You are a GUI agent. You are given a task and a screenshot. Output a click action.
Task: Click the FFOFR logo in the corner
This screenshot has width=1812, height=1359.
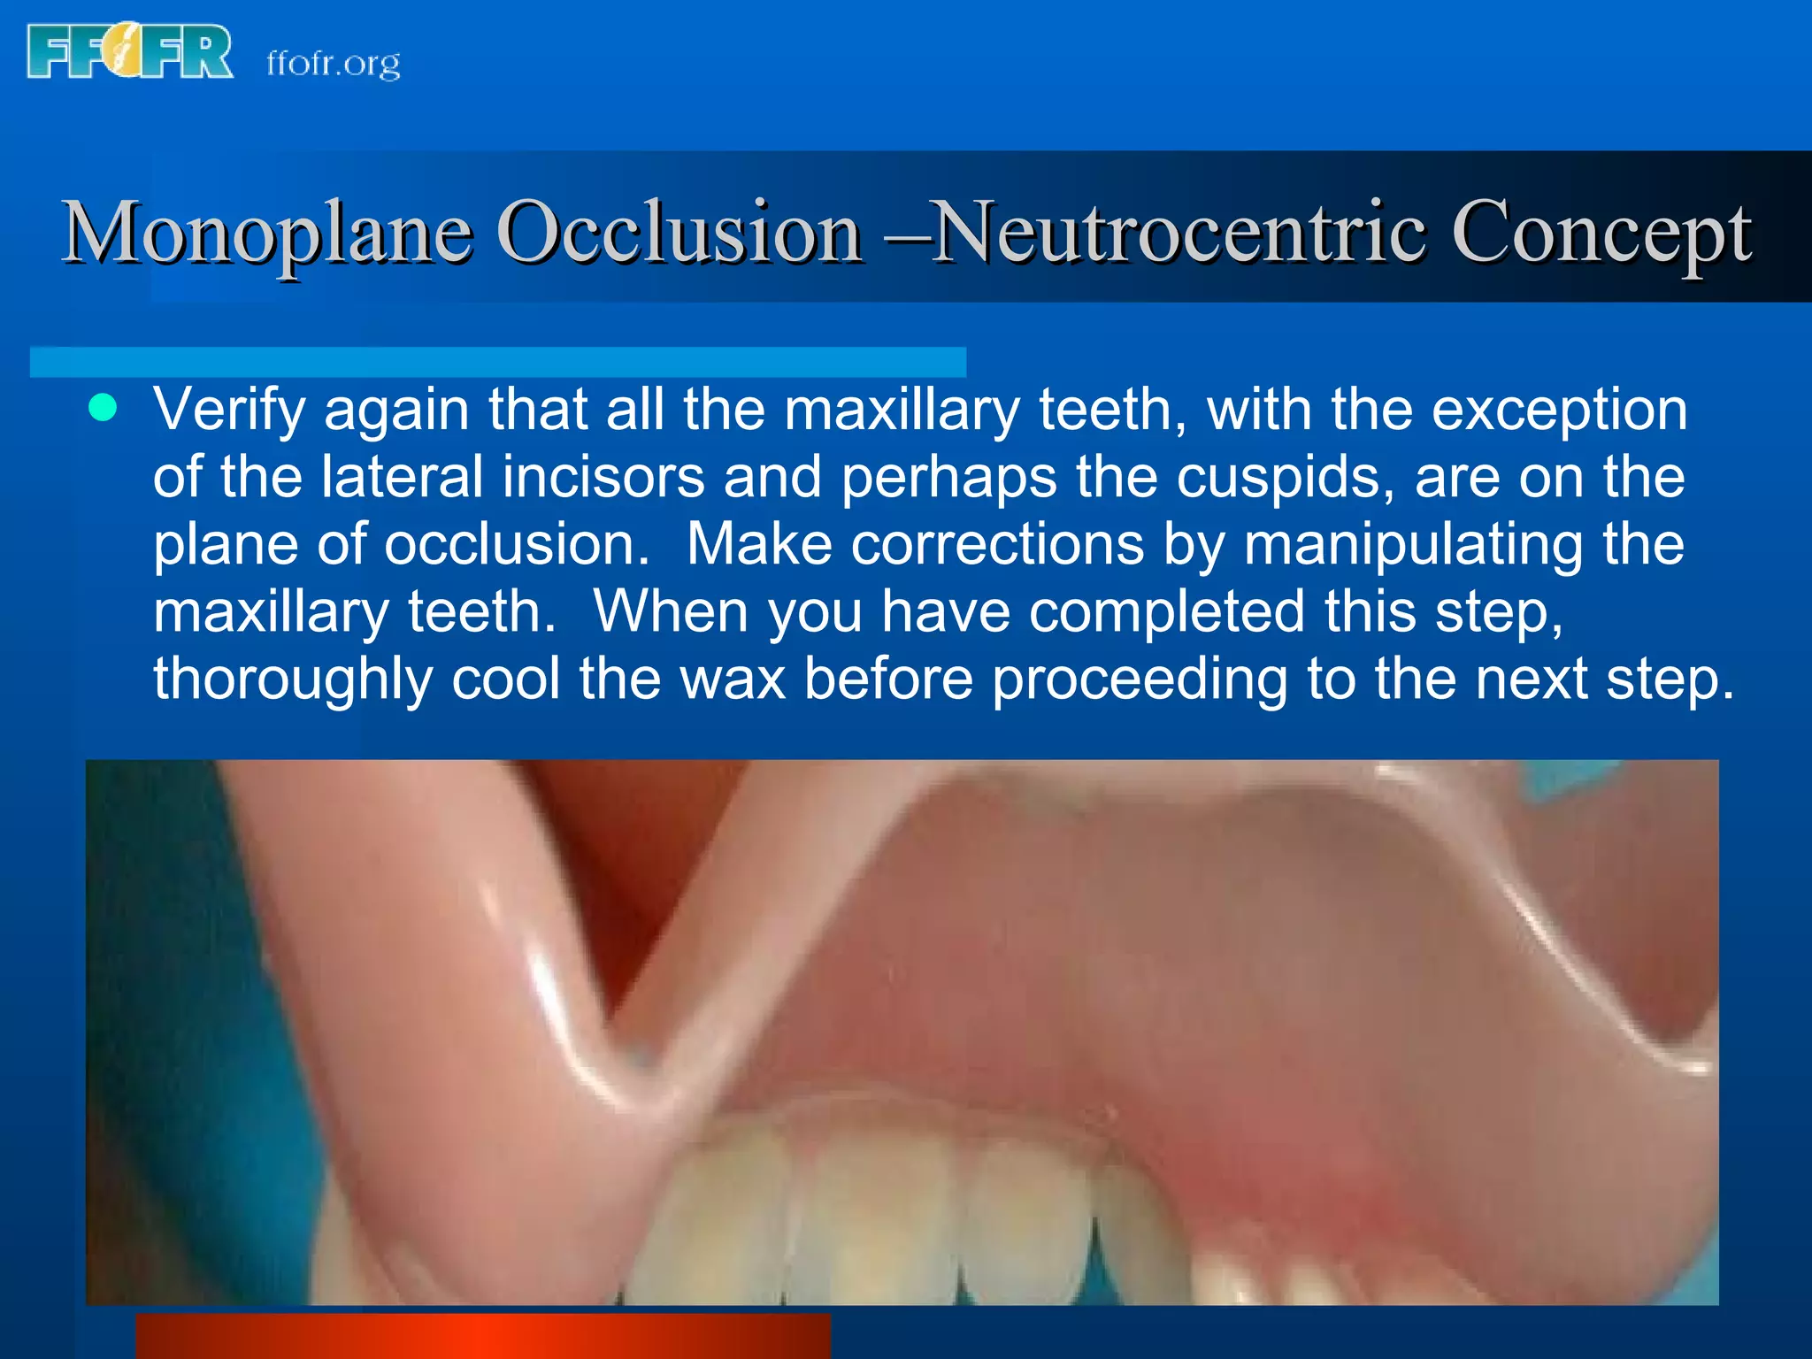[x=130, y=52]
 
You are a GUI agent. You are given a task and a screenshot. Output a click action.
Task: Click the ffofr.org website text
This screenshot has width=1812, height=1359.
[x=334, y=64]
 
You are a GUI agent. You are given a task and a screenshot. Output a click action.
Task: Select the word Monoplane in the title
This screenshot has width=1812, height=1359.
[x=265, y=232]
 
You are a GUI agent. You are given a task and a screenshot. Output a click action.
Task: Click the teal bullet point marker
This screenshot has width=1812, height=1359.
[x=104, y=409]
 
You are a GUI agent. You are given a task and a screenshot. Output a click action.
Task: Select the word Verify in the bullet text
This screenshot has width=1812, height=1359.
[x=229, y=411]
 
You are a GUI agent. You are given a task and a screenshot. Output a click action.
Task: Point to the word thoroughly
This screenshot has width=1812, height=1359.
[x=293, y=679]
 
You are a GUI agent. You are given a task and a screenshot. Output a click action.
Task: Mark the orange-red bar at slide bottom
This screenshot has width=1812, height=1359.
[x=482, y=1336]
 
